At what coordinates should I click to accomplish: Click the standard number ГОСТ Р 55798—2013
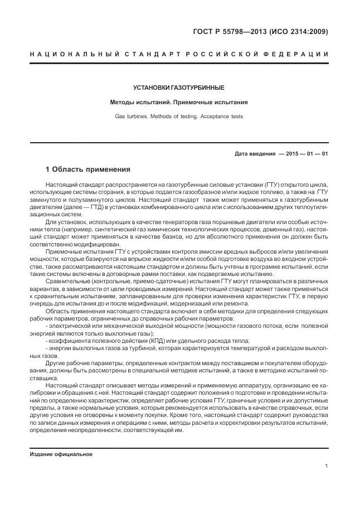pos(230,31)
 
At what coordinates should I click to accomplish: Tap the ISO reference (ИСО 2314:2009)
pos(299,31)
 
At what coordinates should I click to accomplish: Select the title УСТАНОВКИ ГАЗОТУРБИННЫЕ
pos(179,88)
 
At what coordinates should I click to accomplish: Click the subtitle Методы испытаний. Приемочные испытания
pos(179,103)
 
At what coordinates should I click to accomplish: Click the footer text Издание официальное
pos(61,454)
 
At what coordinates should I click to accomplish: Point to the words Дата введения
pos(255,153)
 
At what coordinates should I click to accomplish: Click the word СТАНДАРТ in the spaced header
pos(146,54)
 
